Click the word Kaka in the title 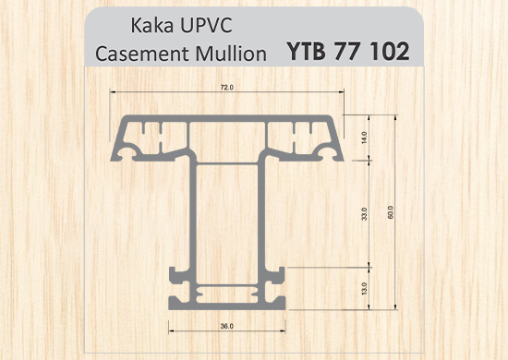coord(151,25)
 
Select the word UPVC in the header coord(206,25)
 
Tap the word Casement coord(142,54)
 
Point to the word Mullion coord(231,54)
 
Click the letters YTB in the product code coord(306,51)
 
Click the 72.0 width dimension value coord(227,87)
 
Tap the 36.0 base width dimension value coord(227,326)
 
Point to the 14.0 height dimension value coord(365,138)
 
